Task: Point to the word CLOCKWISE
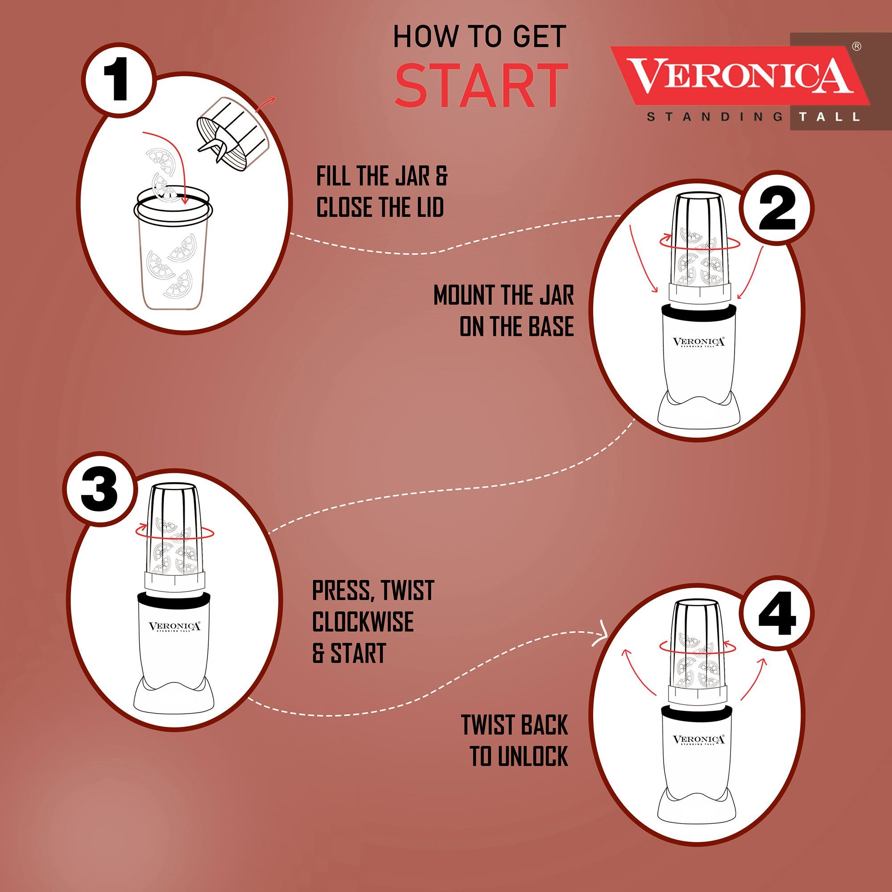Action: (363, 622)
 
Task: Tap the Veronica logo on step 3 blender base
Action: (174, 627)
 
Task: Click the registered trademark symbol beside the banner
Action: (856, 46)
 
